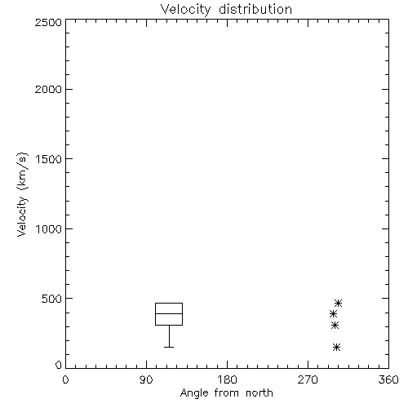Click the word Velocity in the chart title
coord(185,11)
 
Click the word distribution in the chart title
coord(255,9)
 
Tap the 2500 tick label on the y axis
coord(48,22)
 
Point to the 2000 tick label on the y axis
coord(48,90)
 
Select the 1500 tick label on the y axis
coord(49,159)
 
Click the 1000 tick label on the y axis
coord(49,229)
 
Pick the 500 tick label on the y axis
coord(52,299)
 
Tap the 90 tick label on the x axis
coord(146,379)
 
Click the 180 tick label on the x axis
coord(227,379)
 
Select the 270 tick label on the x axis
coord(308,379)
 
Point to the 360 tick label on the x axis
coord(388,379)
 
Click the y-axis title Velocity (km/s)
coord(22,194)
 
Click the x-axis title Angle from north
coord(226,393)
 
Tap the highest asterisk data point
coord(338,303)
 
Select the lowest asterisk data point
coord(336,347)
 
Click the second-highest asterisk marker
coord(333,314)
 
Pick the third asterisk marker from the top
coord(335,325)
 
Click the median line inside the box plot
coord(169,313)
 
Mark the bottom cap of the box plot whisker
coord(169,347)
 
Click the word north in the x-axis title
coord(259,392)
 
